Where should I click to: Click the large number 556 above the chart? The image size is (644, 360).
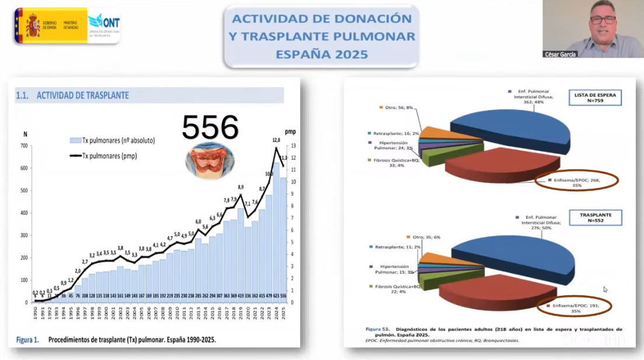tap(210, 127)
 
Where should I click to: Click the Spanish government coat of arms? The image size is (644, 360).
tap(32, 25)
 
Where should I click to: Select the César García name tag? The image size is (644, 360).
tap(560, 54)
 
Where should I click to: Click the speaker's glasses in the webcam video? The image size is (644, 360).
tap(603, 19)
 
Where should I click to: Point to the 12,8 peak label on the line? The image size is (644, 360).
tap(276, 140)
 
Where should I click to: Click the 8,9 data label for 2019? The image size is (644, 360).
tap(240, 187)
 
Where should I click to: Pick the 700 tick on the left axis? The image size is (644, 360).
tap(24, 145)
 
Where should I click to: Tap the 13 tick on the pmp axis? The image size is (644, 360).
tap(294, 145)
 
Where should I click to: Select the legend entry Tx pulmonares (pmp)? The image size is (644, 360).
tap(109, 155)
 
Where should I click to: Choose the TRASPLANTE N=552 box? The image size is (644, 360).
tap(596, 218)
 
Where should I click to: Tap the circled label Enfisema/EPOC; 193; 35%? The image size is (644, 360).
tap(574, 307)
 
